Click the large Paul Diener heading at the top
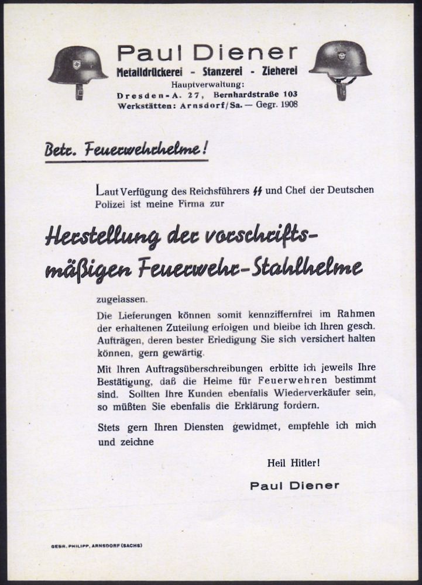click(x=207, y=53)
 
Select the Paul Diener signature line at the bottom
click(x=294, y=486)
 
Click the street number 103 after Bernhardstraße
click(x=288, y=94)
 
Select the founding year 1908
click(x=287, y=105)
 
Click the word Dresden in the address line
click(x=139, y=94)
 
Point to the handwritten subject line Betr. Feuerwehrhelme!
click(x=126, y=150)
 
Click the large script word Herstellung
click(x=103, y=236)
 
